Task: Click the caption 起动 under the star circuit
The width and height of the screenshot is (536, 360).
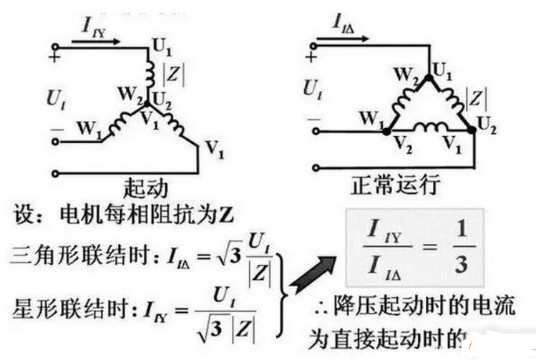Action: click(x=147, y=187)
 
